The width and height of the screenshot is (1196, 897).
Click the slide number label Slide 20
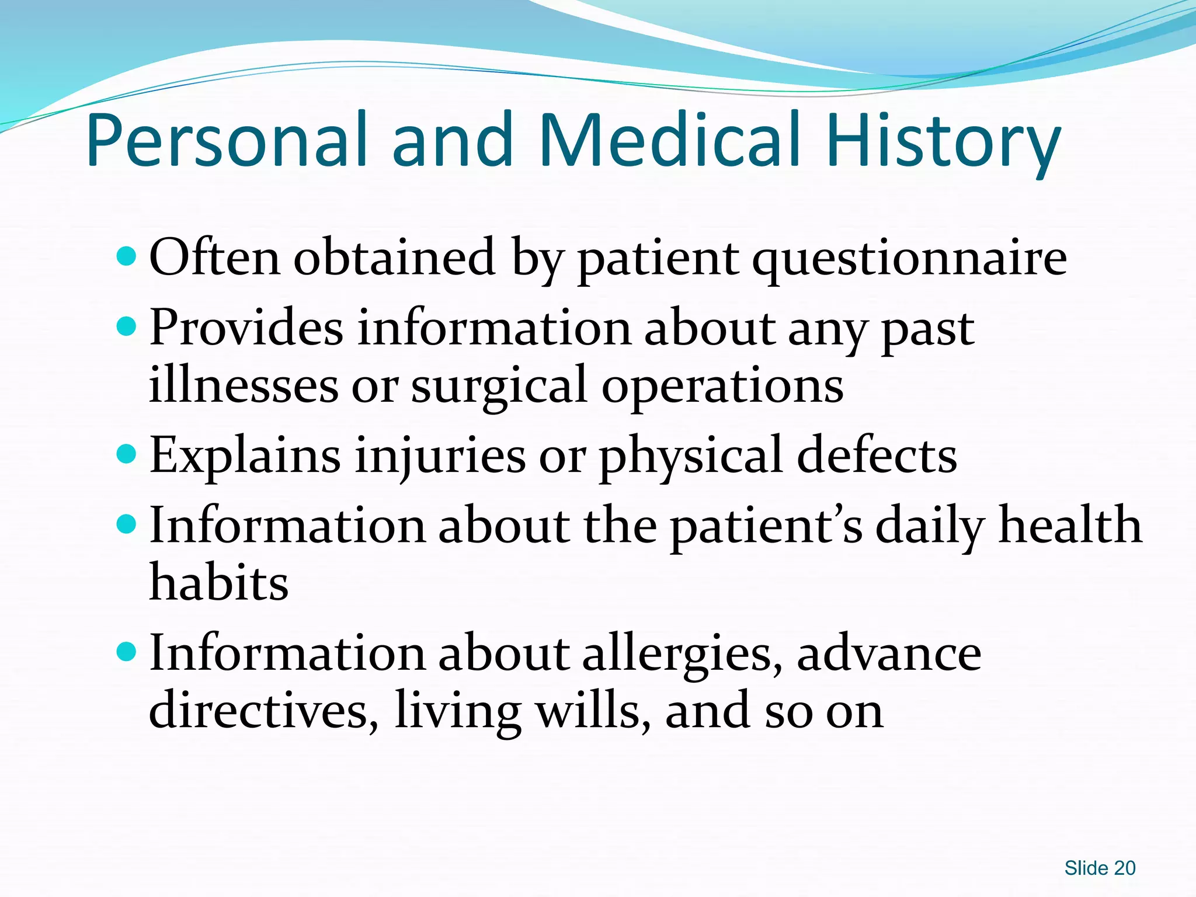1100,868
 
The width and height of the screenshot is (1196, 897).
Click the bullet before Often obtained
126,256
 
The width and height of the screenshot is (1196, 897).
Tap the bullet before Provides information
126,326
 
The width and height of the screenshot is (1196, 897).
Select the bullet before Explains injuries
126,454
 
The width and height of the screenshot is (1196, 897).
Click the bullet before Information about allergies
126,651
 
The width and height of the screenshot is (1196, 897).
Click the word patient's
766,526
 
